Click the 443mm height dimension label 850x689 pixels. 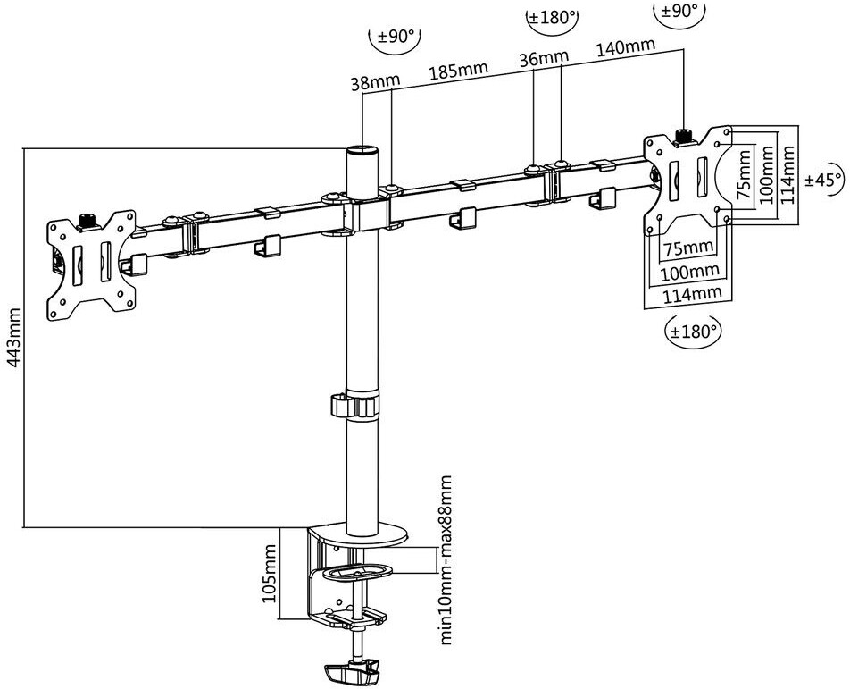(13, 337)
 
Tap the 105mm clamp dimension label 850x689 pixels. (270, 574)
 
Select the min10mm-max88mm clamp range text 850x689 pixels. (446, 560)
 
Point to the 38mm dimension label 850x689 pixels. (375, 82)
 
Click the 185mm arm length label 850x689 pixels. (459, 71)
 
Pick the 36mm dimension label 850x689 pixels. (545, 57)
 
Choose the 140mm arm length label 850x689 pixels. (626, 47)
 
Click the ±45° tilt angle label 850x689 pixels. (824, 179)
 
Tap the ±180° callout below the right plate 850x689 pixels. (694, 330)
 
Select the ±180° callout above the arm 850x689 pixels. (551, 17)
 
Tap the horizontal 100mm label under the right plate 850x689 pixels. (689, 272)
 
